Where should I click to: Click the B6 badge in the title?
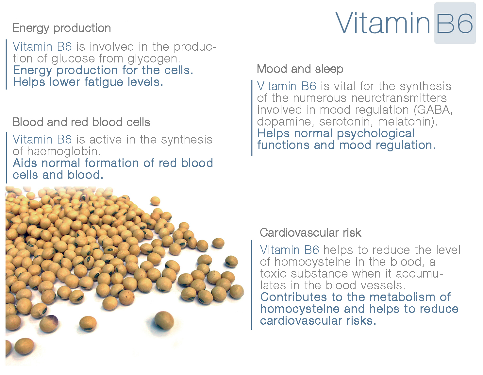455,23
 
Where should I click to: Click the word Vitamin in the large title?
383,23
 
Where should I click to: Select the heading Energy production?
61,28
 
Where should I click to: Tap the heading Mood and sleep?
300,69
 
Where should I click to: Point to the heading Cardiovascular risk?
310,233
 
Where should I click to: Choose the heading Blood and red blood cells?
81,122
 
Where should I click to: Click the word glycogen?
154,59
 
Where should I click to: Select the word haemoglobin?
64,152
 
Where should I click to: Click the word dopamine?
286,122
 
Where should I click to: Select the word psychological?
375,134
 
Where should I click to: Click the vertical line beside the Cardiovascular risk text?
252,285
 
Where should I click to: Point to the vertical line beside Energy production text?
7,64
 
